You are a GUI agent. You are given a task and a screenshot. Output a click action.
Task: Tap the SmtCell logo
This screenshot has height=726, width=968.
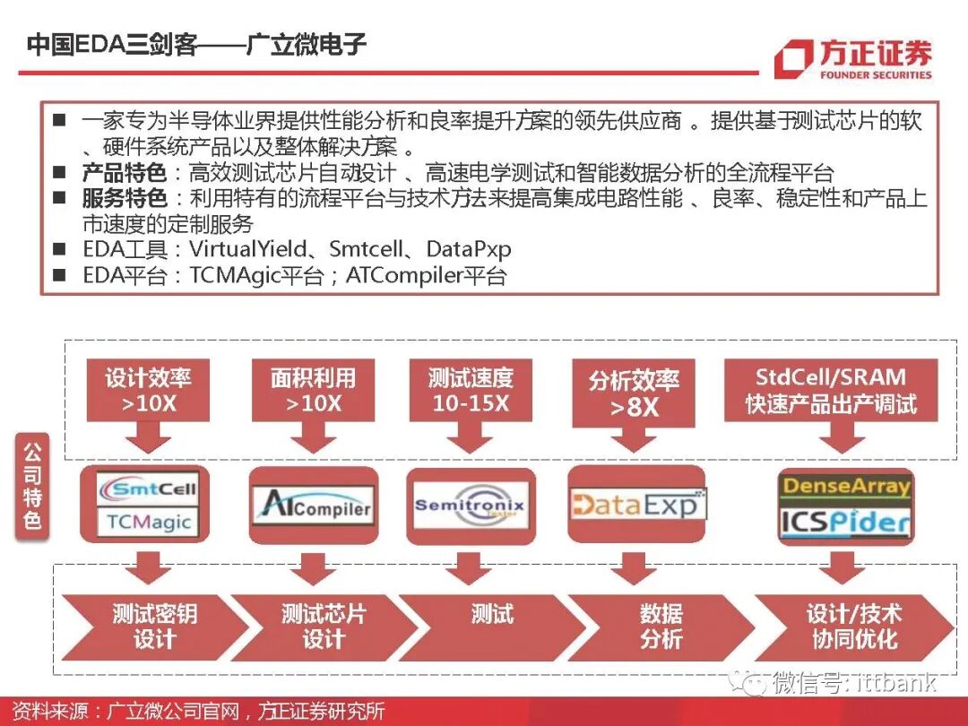[149, 489]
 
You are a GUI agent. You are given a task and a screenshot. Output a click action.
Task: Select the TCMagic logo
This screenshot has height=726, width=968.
[149, 522]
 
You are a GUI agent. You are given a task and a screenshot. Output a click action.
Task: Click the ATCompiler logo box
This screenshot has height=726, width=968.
[311, 506]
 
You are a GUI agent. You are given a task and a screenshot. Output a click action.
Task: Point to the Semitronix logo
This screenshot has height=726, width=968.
[470, 506]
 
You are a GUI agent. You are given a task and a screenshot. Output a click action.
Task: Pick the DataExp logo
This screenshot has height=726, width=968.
[637, 504]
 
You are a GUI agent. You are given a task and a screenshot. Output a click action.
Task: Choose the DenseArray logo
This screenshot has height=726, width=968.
[846, 488]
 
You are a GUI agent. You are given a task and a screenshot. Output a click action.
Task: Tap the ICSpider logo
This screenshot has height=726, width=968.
[846, 522]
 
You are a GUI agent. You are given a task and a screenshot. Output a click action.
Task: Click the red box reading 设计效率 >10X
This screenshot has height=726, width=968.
[149, 390]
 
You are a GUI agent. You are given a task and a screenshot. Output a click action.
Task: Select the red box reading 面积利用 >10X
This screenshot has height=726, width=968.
[313, 390]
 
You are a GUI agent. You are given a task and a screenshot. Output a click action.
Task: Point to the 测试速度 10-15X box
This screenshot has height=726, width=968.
[471, 390]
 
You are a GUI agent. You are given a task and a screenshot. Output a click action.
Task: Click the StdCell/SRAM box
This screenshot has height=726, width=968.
[831, 390]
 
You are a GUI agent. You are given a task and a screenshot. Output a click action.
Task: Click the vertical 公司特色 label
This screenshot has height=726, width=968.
[32, 485]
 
